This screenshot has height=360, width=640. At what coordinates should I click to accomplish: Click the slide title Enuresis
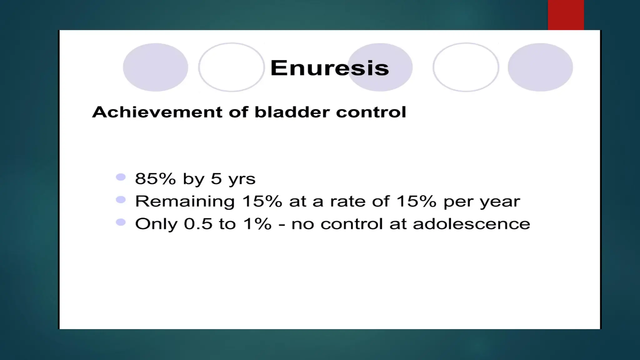point(329,68)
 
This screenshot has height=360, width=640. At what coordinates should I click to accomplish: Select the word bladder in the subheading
point(292,112)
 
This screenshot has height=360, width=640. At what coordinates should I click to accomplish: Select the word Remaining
point(185,201)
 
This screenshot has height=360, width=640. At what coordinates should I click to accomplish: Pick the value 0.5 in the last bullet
point(198,224)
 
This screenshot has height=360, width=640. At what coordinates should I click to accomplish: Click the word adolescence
point(471,224)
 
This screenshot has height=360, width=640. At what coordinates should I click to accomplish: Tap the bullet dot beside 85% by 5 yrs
point(121,177)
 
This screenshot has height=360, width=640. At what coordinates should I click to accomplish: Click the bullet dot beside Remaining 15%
point(121,200)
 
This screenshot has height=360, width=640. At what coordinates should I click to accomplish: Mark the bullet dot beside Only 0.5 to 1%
point(121,222)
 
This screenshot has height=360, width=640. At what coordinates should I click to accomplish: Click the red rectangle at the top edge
point(566,15)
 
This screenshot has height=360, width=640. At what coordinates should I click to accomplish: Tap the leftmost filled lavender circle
point(155,67)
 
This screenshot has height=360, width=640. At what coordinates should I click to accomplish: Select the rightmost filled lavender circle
point(540,67)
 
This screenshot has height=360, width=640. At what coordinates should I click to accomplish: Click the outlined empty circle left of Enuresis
point(231,67)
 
